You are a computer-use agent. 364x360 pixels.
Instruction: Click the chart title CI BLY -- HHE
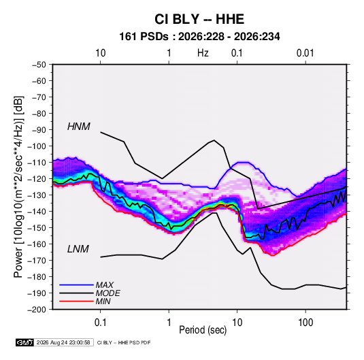coord(199,19)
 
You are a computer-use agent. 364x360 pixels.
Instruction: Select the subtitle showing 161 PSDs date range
coord(199,37)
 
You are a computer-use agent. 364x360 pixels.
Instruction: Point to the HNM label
coord(79,127)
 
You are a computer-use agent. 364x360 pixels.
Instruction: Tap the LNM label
coord(78,249)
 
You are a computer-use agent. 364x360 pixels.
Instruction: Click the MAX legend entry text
coord(105,285)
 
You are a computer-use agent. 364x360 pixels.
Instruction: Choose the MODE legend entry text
coord(107,293)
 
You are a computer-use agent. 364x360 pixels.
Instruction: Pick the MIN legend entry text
coord(103,301)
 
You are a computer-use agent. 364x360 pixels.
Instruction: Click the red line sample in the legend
coord(76,301)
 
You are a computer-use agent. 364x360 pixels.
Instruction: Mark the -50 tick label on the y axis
coord(39,65)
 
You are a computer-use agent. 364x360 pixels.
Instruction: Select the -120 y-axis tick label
coord(37,179)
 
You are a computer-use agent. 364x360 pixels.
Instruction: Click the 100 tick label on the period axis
coord(305,323)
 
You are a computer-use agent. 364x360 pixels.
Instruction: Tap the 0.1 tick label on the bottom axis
coord(100,323)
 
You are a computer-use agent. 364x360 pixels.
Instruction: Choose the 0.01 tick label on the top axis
coord(305,53)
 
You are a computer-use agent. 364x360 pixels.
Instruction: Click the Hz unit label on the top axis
coord(203,53)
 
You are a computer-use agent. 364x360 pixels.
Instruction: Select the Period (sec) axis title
coord(203,330)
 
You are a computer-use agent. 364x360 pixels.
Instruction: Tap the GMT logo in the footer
coord(24,342)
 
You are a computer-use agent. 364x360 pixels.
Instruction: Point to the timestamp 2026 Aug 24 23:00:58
coord(63,342)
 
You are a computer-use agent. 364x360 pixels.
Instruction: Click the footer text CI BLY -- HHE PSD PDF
coord(124,342)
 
